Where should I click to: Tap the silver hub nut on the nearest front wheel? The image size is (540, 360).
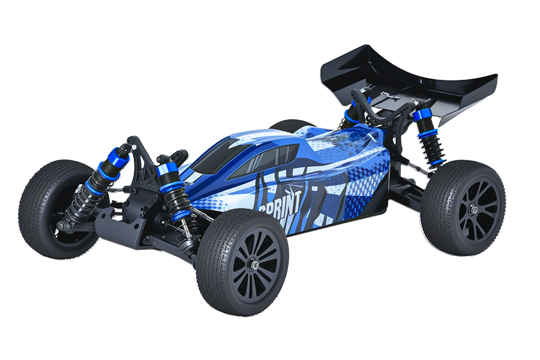[255, 264]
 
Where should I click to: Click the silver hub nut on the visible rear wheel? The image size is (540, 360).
[474, 209]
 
